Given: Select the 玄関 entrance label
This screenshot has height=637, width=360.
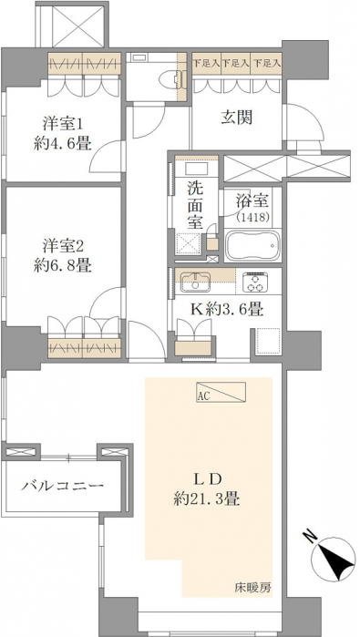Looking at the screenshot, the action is point(237,118).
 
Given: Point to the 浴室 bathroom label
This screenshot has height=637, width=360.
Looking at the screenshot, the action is point(252,202).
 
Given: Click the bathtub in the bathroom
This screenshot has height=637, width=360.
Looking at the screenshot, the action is point(252,246).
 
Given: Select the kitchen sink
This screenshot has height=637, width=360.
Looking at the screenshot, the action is point(195,282).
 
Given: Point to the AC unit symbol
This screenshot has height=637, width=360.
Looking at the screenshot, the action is point(221,392).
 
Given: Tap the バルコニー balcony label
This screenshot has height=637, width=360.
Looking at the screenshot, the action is point(63,486).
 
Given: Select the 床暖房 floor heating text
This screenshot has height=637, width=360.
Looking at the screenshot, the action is point(252,587).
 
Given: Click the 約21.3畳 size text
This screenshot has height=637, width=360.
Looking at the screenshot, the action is point(206,498).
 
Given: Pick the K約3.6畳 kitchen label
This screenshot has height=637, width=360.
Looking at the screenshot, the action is point(228,311).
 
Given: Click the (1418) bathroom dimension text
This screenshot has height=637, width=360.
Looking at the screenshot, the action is point(252,217).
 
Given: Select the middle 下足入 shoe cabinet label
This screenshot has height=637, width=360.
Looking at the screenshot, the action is point(236,63).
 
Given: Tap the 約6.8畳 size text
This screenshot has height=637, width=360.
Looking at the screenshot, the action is point(63,266).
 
